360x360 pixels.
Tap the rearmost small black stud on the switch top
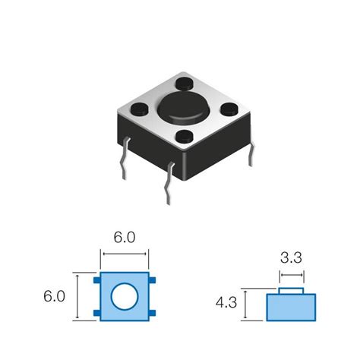click(184, 82)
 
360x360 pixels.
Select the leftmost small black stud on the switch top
click(141, 109)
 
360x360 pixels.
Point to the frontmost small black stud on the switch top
click(183, 137)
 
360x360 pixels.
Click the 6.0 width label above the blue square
click(123, 237)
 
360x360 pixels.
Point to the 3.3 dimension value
click(291, 257)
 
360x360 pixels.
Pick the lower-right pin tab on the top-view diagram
click(153, 312)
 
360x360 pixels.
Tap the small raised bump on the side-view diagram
click(292, 290)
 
